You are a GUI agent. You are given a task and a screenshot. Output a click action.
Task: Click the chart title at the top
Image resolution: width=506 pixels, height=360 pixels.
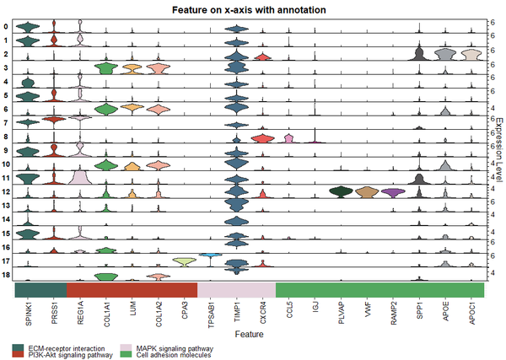tap(253, 8)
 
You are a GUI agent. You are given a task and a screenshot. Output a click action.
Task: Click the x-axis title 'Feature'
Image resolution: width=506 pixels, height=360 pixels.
tap(254, 334)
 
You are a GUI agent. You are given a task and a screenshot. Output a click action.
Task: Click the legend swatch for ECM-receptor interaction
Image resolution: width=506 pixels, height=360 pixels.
tap(19, 347)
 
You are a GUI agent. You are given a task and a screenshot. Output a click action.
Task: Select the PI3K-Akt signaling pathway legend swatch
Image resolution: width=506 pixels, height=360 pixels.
tap(19, 355)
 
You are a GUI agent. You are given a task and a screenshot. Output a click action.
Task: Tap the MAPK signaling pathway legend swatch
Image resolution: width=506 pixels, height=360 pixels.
tap(124, 347)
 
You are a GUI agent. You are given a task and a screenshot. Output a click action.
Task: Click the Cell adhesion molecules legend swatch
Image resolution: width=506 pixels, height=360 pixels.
tap(124, 355)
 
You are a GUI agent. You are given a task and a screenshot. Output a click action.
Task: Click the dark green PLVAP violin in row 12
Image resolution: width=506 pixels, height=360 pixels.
tap(341, 193)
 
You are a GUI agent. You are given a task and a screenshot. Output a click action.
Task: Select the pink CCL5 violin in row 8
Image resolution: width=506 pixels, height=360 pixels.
tap(288, 138)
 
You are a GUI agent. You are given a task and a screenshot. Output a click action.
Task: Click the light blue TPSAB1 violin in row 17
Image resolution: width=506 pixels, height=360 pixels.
tap(210, 255)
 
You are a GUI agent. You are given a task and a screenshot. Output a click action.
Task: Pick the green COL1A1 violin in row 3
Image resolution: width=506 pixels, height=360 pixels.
tap(106, 69)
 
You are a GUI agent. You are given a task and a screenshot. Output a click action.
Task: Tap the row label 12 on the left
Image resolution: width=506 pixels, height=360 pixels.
tap(7, 192)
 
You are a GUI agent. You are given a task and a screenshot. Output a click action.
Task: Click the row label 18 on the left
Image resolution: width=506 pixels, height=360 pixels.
tap(7, 275)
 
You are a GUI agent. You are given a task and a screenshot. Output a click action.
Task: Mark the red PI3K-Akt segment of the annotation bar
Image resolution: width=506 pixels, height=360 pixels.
tap(132, 289)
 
